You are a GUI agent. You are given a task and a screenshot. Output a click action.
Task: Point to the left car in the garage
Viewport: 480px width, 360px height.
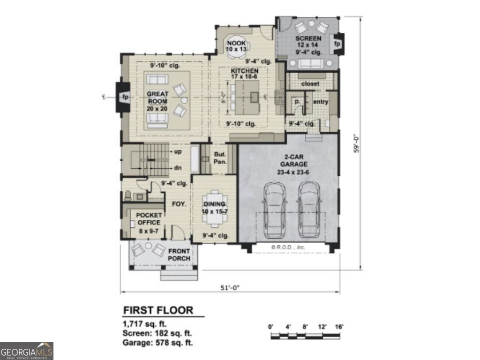275,210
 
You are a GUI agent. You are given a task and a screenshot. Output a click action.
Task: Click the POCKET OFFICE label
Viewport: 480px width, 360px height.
149,222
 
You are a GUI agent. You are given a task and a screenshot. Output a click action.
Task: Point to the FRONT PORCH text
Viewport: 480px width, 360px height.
180,255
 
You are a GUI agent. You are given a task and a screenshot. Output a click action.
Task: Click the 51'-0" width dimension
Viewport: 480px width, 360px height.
230,288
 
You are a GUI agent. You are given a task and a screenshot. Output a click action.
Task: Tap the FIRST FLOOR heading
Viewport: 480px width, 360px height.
158,310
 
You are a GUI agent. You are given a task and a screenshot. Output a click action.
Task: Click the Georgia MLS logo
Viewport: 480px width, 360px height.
27,351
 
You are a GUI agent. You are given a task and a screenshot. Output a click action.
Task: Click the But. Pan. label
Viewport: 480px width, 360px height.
220,157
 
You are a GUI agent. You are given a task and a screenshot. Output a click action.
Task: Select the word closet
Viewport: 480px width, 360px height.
310,83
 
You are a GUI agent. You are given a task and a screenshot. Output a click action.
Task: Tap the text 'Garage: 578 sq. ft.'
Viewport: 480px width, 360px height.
158,343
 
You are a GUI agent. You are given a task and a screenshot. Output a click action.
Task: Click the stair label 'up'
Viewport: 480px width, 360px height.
178,152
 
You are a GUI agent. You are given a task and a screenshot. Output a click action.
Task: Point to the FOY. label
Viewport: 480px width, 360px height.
179,204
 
